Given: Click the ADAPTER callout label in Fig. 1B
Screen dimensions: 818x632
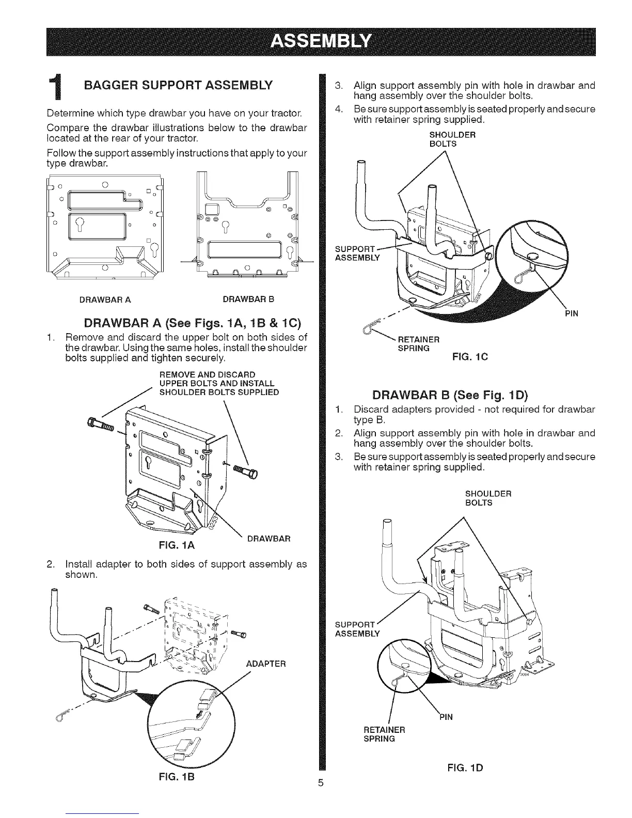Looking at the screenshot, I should click(264, 664).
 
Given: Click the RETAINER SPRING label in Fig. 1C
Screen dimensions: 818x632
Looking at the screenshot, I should click(418, 343).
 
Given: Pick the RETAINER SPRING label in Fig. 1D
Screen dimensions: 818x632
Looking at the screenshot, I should click(385, 734).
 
